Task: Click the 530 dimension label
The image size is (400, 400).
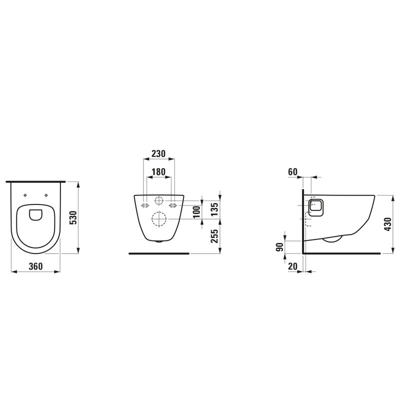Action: (x=73, y=217)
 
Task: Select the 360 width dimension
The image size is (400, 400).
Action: (x=35, y=266)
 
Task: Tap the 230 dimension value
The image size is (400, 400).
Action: (x=158, y=153)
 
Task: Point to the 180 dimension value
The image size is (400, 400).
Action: (x=158, y=172)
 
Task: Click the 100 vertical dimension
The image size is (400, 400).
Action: (x=196, y=212)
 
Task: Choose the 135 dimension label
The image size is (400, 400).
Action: (x=215, y=209)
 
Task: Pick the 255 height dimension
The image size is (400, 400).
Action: (x=215, y=236)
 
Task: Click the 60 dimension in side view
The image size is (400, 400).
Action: (x=293, y=172)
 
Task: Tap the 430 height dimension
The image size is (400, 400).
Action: (x=388, y=224)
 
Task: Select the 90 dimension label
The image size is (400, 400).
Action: (x=280, y=247)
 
